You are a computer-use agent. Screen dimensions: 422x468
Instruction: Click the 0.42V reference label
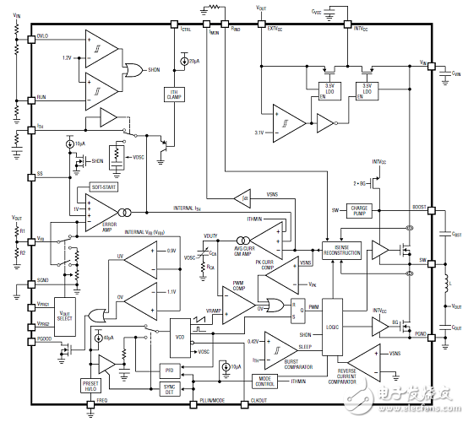point(252,340)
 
